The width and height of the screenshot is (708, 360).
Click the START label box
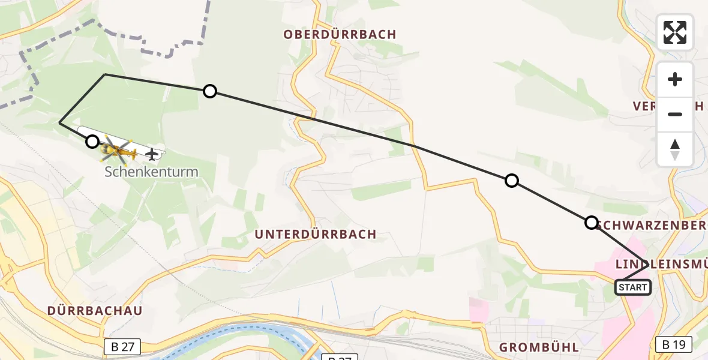633,287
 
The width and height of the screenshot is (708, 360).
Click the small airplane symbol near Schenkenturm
152,154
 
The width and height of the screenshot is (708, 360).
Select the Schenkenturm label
151,172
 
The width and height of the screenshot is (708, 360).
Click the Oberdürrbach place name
340,35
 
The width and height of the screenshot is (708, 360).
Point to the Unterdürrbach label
316,234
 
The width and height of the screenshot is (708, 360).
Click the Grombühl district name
539,347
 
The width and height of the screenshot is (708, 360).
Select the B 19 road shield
674,344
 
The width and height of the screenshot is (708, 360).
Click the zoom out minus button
675,114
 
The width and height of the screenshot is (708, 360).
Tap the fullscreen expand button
675,32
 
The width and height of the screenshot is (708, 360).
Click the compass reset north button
675,149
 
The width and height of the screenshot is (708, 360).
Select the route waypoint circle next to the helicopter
92,142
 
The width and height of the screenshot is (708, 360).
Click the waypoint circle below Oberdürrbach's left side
209,91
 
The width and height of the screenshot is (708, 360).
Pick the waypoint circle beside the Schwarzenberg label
591,223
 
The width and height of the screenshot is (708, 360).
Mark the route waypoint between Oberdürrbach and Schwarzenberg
511,180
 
